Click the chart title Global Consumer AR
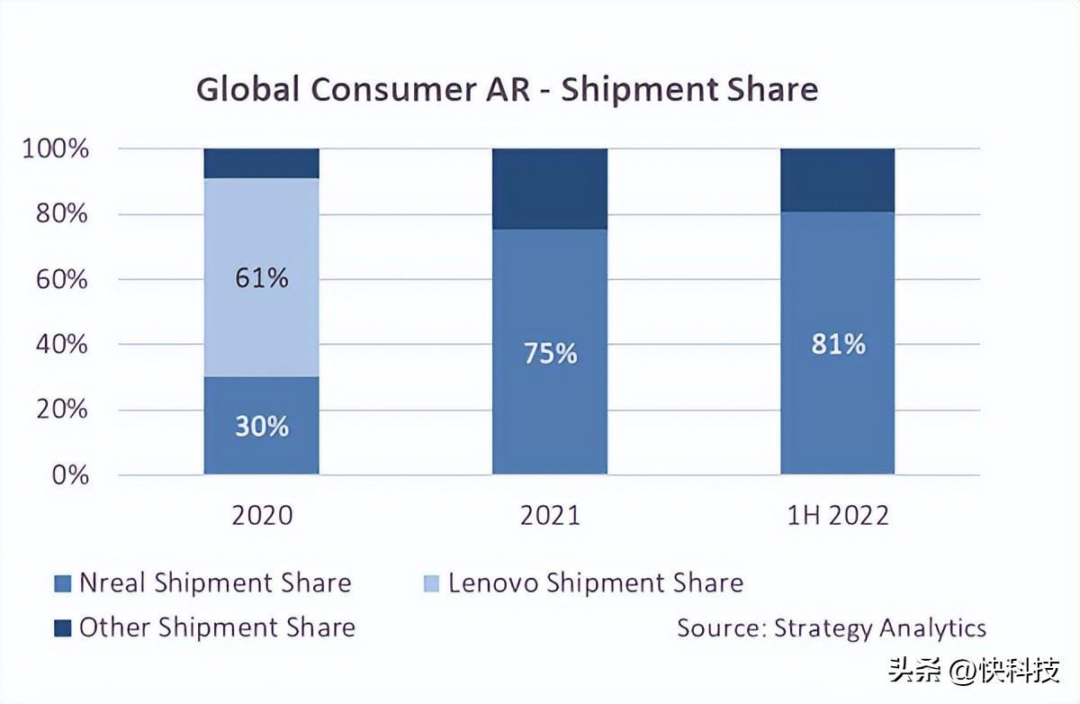[x=363, y=90]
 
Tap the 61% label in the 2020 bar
[x=262, y=278]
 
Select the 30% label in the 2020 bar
[x=262, y=426]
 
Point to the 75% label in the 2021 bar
[x=550, y=353]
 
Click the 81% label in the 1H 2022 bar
[x=838, y=344]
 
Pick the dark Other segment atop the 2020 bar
[x=261, y=164]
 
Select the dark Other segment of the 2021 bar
[x=550, y=189]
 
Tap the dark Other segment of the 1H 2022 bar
[x=838, y=180]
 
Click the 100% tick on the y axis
[x=56, y=149]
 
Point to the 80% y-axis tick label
[x=62, y=213]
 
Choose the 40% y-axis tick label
[x=62, y=344]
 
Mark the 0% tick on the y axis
[x=70, y=475]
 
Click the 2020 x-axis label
[x=262, y=516]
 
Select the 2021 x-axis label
[x=550, y=516]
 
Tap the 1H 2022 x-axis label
[x=838, y=516]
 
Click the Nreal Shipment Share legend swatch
[x=63, y=583]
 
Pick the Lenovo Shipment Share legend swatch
[x=431, y=583]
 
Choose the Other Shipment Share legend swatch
[x=63, y=628]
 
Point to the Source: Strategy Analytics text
[x=832, y=628]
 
